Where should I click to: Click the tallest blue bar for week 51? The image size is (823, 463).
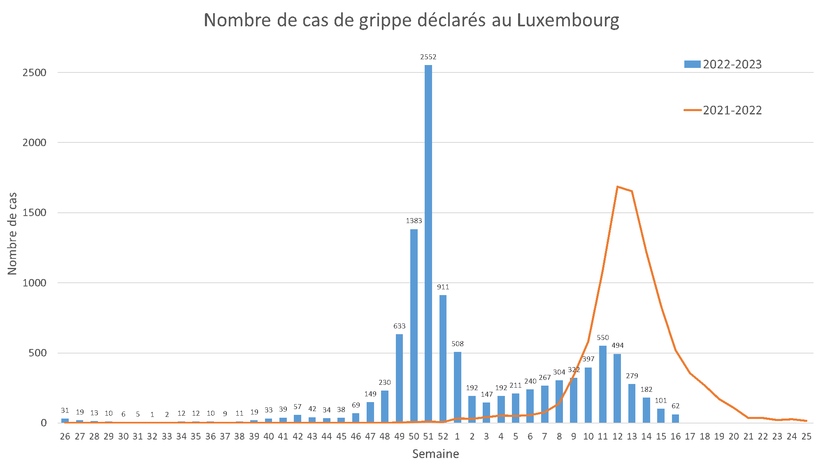point(428,243)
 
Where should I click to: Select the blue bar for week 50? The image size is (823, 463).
point(414,325)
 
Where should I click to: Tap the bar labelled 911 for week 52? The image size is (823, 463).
point(443,358)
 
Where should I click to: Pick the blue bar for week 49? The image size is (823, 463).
point(399,379)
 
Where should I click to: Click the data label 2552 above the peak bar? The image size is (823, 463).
point(428,57)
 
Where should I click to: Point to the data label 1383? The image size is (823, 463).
point(414,221)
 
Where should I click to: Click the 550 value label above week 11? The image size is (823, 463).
point(603,338)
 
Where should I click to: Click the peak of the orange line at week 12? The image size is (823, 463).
point(617,186)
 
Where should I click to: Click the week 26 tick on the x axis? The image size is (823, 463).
point(65,436)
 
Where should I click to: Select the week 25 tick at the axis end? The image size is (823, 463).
point(806,436)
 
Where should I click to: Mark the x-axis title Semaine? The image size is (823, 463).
point(435,454)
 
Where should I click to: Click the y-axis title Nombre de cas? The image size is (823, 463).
point(12,233)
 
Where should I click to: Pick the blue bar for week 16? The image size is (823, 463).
point(675,419)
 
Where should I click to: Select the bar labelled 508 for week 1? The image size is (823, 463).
point(458,387)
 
